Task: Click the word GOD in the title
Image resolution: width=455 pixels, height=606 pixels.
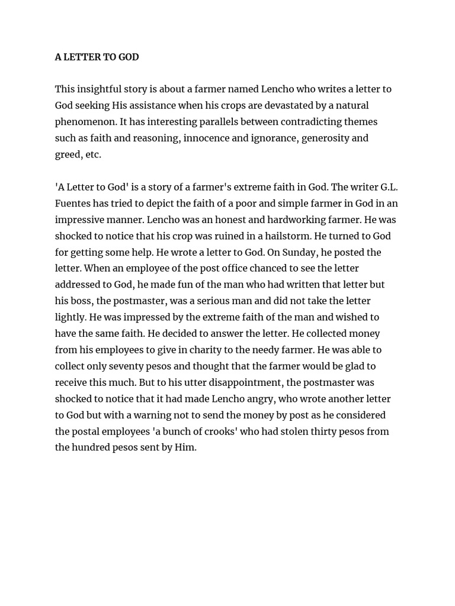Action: tap(129, 57)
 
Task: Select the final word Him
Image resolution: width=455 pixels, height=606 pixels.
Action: tap(185, 447)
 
